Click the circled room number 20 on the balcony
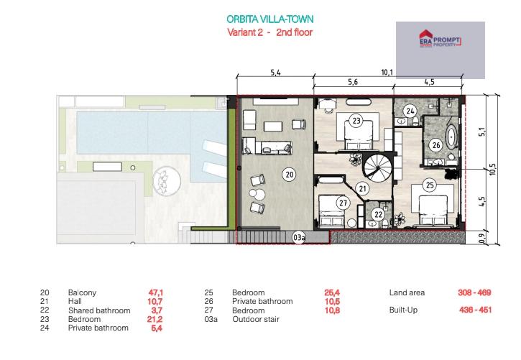pyautogui.click(x=290, y=175)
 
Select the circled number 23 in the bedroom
pyautogui.click(x=356, y=120)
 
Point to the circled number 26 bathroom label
pyautogui.click(x=436, y=145)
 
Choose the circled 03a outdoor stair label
pyautogui.click(x=299, y=237)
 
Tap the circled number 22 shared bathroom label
pyautogui.click(x=378, y=215)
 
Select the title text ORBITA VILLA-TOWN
pyautogui.click(x=269, y=19)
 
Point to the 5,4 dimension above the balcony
pyautogui.click(x=275, y=72)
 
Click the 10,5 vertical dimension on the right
pyautogui.click(x=492, y=169)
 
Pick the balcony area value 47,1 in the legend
pyautogui.click(x=155, y=292)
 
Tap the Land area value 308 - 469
pyautogui.click(x=474, y=292)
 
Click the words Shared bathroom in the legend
pyautogui.click(x=99, y=310)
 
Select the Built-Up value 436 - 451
pyautogui.click(x=475, y=310)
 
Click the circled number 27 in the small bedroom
pyautogui.click(x=343, y=202)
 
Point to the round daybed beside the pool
pyautogui.click(x=167, y=181)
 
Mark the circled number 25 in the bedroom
pyautogui.click(x=430, y=185)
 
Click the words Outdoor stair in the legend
pyautogui.click(x=256, y=319)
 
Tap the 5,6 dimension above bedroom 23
pyautogui.click(x=353, y=82)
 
